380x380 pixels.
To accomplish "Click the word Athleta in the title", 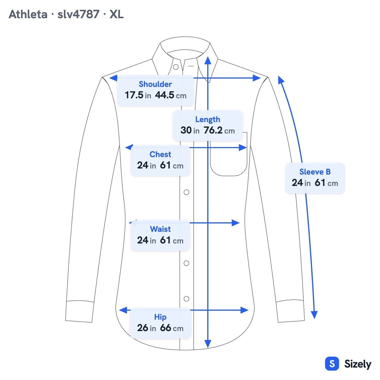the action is pyautogui.click(x=28, y=14).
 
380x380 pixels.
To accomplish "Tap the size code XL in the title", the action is pyautogui.click(x=117, y=14).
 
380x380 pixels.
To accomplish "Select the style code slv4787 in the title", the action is pyautogui.click(x=79, y=14).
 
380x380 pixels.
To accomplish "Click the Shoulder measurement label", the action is pyautogui.click(x=155, y=84).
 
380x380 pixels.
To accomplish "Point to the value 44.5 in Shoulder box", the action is pyautogui.click(x=165, y=95).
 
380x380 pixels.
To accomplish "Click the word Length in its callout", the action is pyautogui.click(x=208, y=119).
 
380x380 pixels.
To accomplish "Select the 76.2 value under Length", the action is pyautogui.click(x=213, y=130).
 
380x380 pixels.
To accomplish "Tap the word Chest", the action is pyautogui.click(x=160, y=154).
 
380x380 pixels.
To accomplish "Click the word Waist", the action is pyautogui.click(x=160, y=229).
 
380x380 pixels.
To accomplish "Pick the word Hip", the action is pyautogui.click(x=160, y=317).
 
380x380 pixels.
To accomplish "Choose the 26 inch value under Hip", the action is pyautogui.click(x=143, y=328).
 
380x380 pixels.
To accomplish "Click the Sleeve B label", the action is pyautogui.click(x=315, y=172).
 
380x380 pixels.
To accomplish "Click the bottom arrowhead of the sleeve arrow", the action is pyautogui.click(x=314, y=315).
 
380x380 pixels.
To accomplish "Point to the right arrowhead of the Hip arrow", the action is pyautogui.click(x=244, y=310).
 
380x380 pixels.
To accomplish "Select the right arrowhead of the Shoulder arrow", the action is pyautogui.click(x=257, y=78).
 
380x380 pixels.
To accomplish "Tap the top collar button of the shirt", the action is pyautogui.click(x=176, y=67).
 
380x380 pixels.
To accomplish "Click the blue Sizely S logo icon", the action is pyautogui.click(x=332, y=364).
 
